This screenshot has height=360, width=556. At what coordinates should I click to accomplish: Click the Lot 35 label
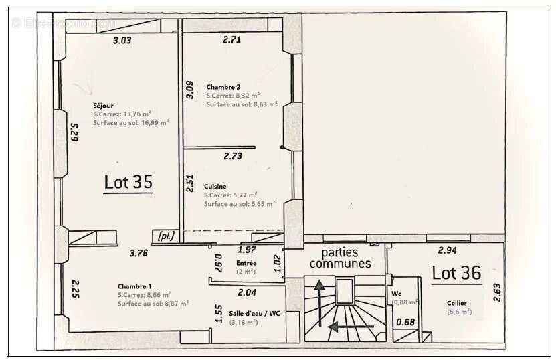point(128,182)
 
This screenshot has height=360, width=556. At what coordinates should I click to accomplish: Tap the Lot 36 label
point(456,272)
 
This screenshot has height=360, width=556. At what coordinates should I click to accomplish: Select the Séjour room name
point(102,106)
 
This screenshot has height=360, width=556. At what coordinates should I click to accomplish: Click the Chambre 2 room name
point(223,87)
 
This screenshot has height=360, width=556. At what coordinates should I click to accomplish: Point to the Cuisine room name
point(215,187)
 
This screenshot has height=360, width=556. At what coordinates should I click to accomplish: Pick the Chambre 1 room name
point(134,286)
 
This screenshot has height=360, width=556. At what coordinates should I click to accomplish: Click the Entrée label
point(246,263)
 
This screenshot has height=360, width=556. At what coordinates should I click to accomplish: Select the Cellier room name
point(457,303)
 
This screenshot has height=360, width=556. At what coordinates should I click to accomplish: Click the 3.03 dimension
point(122,41)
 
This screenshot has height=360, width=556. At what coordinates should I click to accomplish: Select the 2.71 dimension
point(231,40)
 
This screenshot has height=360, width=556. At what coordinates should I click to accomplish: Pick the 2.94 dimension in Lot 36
point(447,250)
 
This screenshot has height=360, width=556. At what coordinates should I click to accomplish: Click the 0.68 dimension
point(405,323)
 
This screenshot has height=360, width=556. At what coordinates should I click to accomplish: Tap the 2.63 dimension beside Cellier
point(497,292)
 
